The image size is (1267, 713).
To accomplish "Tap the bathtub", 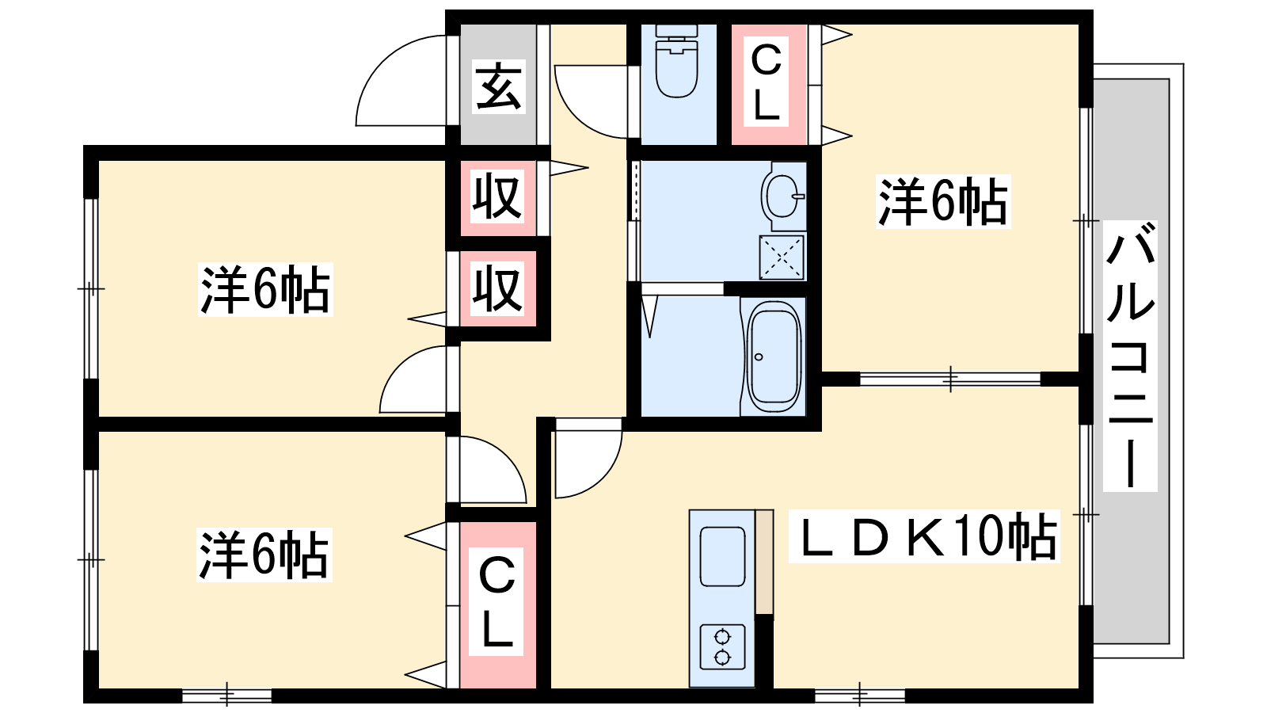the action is (774, 357).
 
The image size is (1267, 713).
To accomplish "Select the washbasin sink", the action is (783, 196).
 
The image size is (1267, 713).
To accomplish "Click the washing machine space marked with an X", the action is (781, 257).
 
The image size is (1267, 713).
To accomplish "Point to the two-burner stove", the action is (722, 646).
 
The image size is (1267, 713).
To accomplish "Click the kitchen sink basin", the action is (722, 557).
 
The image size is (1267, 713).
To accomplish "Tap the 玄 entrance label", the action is (498, 86).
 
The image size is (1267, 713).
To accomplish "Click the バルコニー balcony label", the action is (1129, 356).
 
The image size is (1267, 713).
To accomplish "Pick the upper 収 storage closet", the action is (498, 197).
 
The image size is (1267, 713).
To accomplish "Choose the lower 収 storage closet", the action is (498, 289).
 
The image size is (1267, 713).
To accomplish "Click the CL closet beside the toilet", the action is (769, 84).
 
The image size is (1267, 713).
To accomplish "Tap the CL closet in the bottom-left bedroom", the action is (498, 604).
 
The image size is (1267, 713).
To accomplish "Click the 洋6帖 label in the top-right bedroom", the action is (943, 202).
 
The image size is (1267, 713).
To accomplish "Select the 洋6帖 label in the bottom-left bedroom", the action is (264, 555).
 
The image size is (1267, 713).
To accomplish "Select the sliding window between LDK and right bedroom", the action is (950, 379).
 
